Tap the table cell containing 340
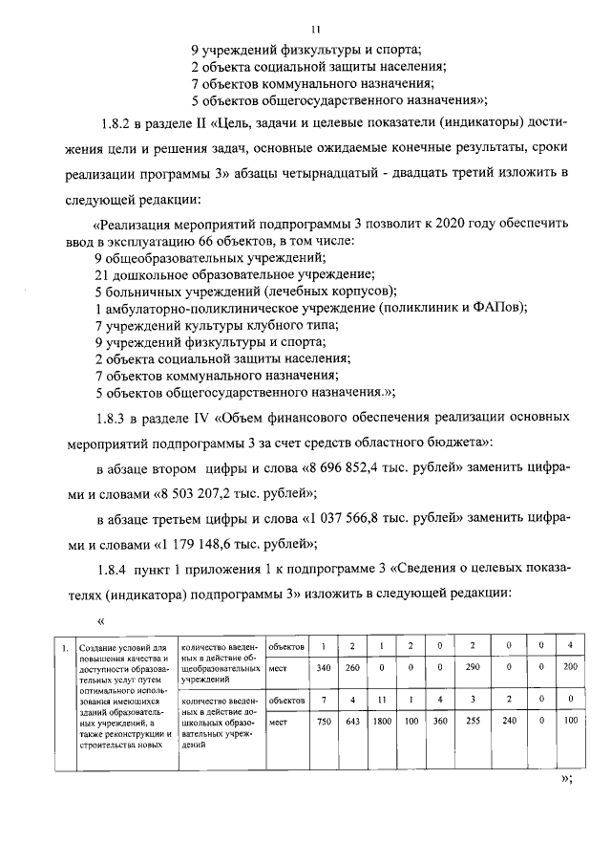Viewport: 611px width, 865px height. click(323, 668)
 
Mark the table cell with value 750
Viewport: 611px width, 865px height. click(323, 723)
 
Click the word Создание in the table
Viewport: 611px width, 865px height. click(100, 649)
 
